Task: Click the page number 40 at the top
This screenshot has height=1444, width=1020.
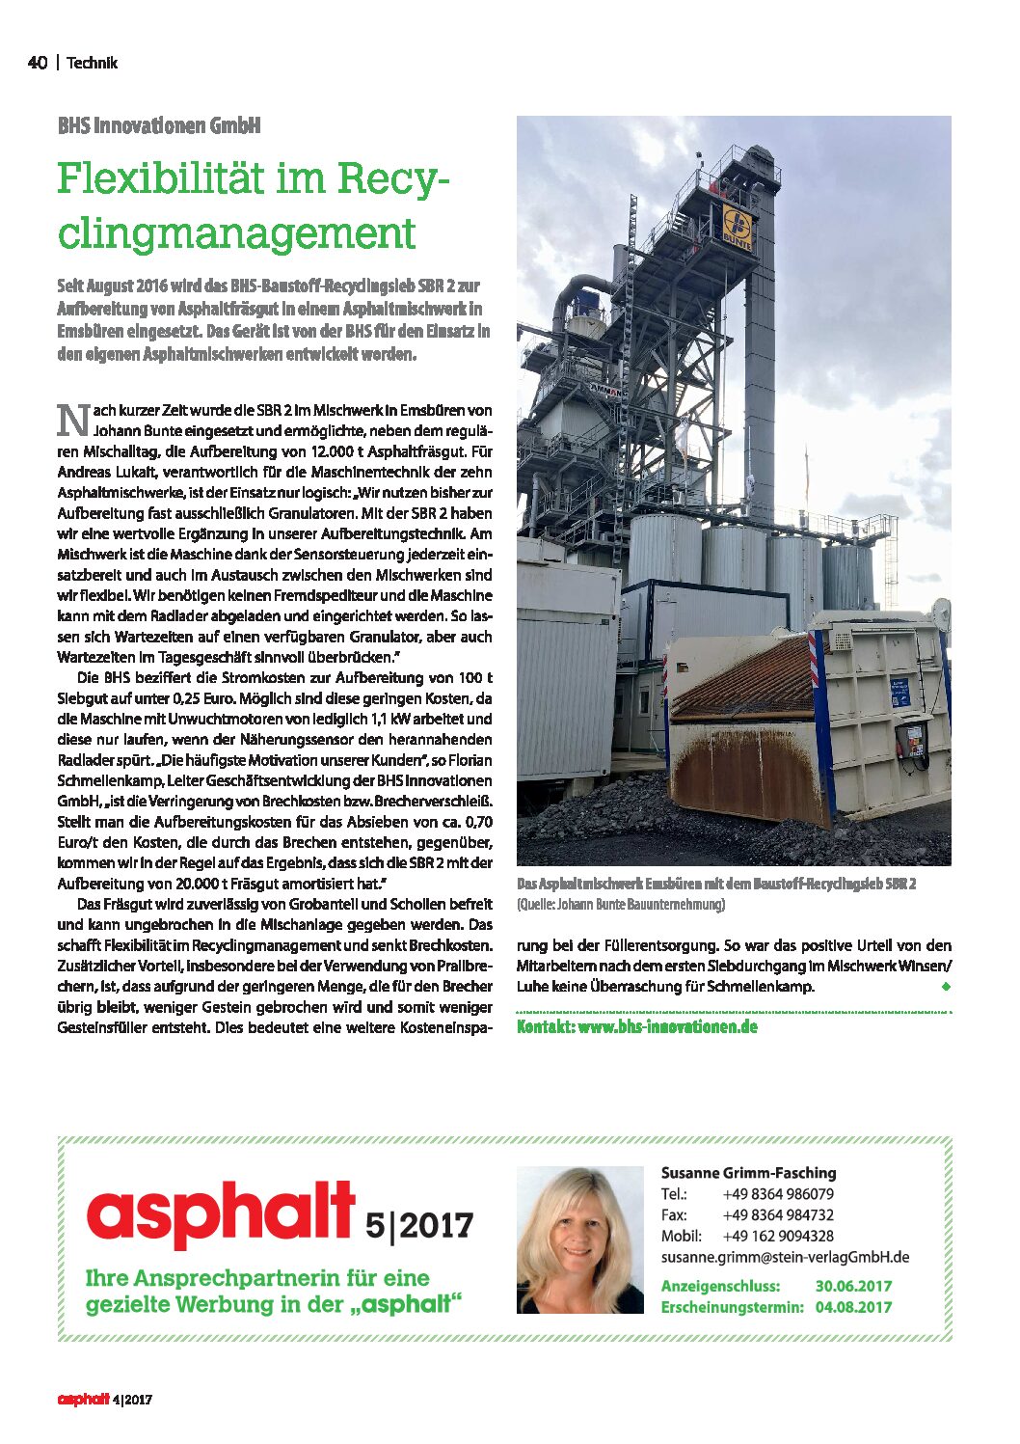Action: pos(37,63)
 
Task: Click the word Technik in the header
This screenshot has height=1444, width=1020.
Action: pos(92,63)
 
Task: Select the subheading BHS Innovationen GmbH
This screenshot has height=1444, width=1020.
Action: pos(159,125)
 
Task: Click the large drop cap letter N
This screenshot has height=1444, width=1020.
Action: pos(73,421)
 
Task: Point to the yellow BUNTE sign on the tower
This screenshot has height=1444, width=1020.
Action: pos(738,228)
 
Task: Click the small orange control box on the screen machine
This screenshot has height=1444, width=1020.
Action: pos(910,738)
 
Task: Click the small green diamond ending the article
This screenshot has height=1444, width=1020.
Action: pos(946,987)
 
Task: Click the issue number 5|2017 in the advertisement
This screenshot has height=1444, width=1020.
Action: pos(419,1225)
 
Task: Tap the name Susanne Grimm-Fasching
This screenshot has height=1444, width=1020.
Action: pos(748,1173)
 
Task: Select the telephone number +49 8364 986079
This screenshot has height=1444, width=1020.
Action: pos(778,1194)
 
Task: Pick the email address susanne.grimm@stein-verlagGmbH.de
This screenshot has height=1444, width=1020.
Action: pos(785,1257)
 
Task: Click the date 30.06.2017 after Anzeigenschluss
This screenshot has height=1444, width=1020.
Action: pos(853,1286)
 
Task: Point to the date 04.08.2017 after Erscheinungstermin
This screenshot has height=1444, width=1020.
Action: pos(853,1307)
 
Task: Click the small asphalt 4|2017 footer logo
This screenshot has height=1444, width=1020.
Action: pos(104,1399)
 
